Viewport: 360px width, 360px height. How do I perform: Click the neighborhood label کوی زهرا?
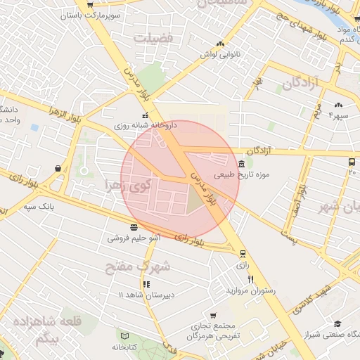[x=127, y=186]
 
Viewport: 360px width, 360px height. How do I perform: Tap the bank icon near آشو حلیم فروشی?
[x=134, y=227]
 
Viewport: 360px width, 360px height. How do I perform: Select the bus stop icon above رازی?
[x=243, y=255]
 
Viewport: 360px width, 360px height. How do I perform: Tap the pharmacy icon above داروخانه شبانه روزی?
[x=146, y=115]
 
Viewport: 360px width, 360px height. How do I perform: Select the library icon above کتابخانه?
[x=125, y=336]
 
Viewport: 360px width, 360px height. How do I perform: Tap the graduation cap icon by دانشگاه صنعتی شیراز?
[x=338, y=324]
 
